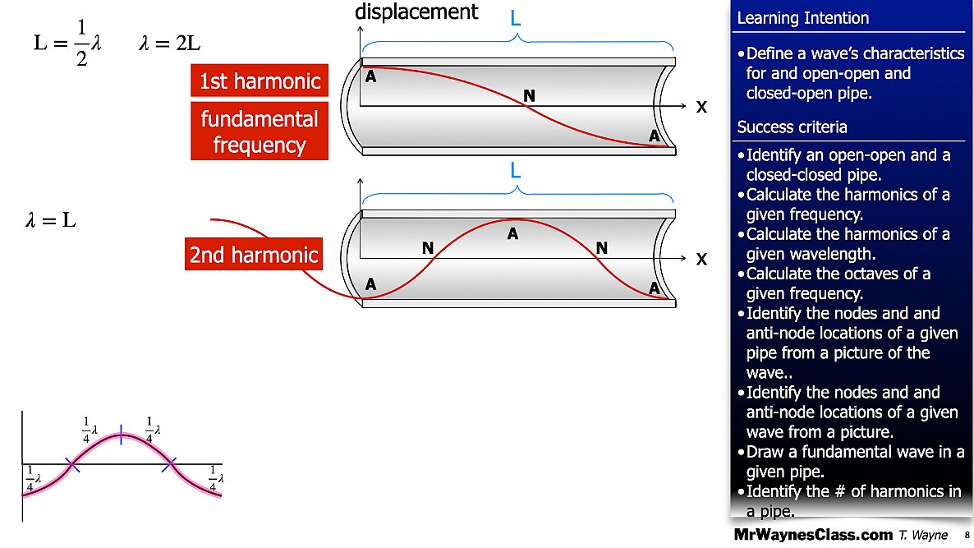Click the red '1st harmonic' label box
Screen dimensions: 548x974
[260, 81]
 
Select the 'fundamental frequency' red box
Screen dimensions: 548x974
[260, 131]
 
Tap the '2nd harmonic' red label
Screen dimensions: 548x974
[253, 255]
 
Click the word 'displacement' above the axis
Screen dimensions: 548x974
[416, 12]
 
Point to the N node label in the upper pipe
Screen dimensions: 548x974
[530, 97]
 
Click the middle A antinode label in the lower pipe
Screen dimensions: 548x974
[512, 234]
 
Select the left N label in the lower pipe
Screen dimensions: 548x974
[427, 247]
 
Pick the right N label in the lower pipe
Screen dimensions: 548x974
[602, 247]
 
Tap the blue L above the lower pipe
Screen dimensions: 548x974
[516, 171]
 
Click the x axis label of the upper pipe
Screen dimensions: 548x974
[701, 107]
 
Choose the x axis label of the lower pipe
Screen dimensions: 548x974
[701, 259]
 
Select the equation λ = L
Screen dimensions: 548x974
[52, 220]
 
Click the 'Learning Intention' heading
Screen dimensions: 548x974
[802, 18]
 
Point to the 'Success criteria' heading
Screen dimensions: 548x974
[792, 127]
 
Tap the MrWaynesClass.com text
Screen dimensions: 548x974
[812, 535]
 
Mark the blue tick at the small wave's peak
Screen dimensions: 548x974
[121, 435]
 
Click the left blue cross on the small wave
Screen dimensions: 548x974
[72, 465]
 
